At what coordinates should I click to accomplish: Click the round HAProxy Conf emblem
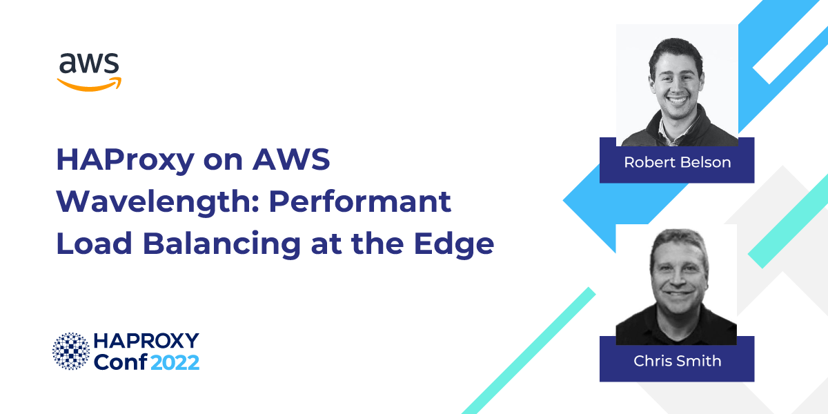pyautogui.click(x=71, y=351)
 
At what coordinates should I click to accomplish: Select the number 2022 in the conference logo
pyautogui.click(x=175, y=361)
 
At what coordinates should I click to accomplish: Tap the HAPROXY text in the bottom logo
pyautogui.click(x=146, y=341)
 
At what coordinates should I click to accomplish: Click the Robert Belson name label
pyautogui.click(x=676, y=162)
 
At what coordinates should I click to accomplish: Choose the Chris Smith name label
pyautogui.click(x=676, y=361)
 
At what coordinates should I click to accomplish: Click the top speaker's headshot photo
pyautogui.click(x=676, y=84)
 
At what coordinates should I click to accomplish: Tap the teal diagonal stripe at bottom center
pyautogui.click(x=528, y=352)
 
